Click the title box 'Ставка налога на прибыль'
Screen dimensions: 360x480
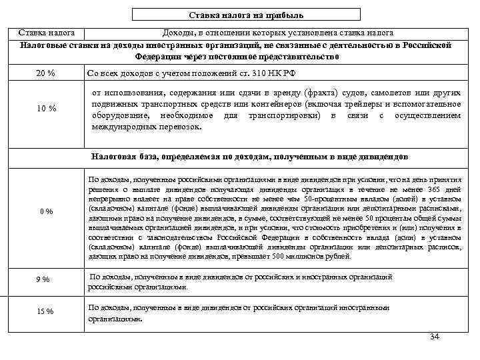[x=245, y=15]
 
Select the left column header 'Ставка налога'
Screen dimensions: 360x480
[x=46, y=33]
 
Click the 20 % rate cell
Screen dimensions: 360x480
[x=45, y=73]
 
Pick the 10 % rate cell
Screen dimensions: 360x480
[x=45, y=109]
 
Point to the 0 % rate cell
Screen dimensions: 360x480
[x=45, y=212]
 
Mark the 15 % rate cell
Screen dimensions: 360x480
[x=45, y=311]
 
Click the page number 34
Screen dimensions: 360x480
[x=435, y=336]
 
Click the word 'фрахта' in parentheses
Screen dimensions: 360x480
[x=320, y=93]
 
